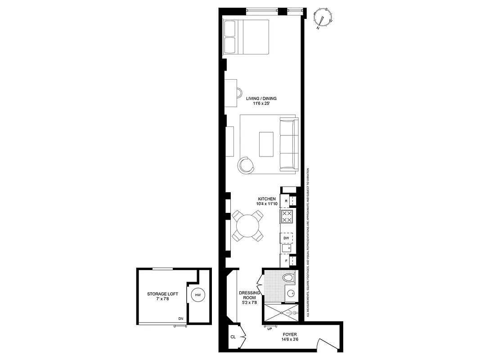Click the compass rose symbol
(x=323, y=18)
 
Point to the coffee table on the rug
(x=266, y=144)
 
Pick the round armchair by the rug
(x=246, y=165)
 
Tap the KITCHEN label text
(x=266, y=201)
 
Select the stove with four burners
(x=287, y=216)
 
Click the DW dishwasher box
(x=286, y=238)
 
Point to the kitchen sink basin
(x=286, y=248)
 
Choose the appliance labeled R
(x=286, y=201)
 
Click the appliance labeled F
(x=286, y=261)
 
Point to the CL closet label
(x=233, y=337)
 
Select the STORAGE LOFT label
(x=162, y=297)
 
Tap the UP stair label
(x=270, y=328)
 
